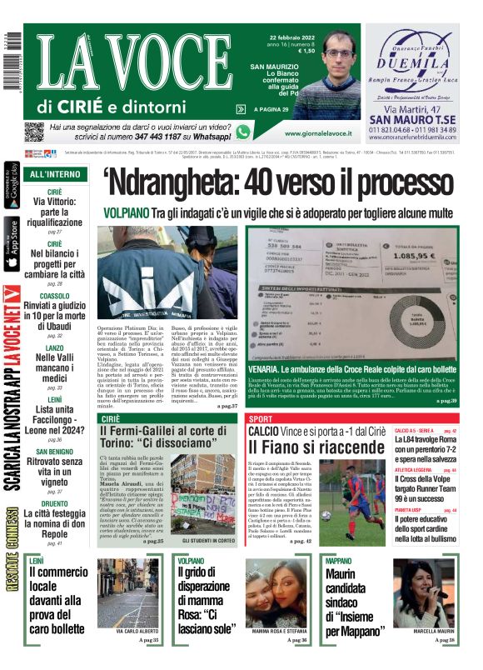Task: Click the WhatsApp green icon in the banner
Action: tap(243, 132)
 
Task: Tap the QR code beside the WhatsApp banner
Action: tap(33, 132)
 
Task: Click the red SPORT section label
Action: tap(261, 417)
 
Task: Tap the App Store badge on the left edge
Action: tap(11, 245)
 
